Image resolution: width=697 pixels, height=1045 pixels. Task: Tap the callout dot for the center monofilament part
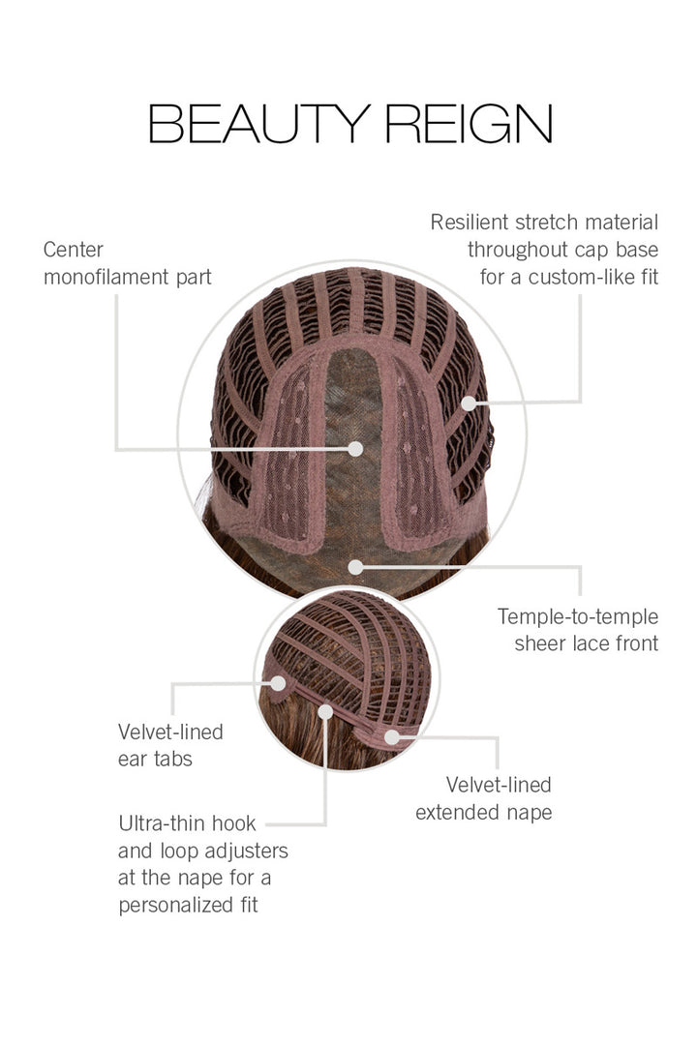click(355, 449)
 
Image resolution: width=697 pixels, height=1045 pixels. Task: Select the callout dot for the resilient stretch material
click(470, 402)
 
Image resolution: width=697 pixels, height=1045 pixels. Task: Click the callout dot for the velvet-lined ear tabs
click(278, 683)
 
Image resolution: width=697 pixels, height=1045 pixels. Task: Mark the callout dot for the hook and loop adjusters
click(325, 712)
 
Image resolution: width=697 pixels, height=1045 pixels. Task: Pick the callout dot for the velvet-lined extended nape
click(391, 736)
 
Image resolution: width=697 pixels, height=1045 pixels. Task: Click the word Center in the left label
click(74, 251)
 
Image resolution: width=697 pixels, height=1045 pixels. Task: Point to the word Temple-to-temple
click(578, 616)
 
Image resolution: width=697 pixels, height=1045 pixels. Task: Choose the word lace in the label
click(590, 642)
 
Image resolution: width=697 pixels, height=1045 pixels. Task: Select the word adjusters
click(243, 851)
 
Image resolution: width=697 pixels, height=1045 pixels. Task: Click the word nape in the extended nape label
click(527, 812)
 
